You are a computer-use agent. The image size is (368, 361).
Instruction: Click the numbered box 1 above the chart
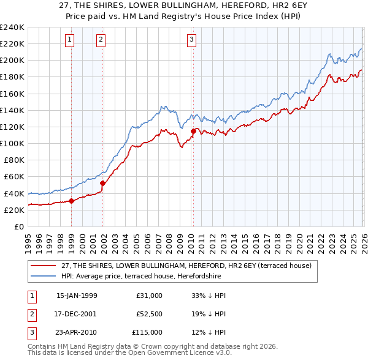click(70, 40)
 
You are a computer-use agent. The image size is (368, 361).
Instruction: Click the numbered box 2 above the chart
click(101, 40)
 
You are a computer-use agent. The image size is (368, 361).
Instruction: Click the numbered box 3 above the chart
click(191, 40)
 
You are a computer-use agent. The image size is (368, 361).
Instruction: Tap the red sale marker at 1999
click(72, 200)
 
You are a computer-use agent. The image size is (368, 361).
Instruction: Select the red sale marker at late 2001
click(102, 183)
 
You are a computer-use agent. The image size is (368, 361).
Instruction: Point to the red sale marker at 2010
click(193, 131)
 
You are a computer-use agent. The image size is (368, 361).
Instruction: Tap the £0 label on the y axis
click(18, 226)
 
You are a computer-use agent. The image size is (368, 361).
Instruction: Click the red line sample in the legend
click(44, 266)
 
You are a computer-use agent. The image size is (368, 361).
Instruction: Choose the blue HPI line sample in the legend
click(44, 276)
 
